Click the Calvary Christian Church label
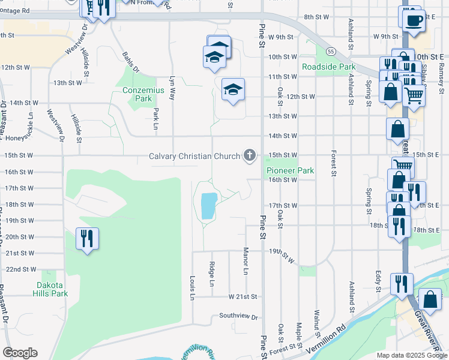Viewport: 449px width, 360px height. pos(195,157)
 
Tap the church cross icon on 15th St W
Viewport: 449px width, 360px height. pos(249,156)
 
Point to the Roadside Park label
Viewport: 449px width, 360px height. pos(329,67)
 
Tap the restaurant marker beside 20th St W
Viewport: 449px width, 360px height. pos(87,239)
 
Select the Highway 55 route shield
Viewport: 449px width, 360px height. pos(331,50)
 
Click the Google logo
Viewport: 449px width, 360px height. pos(20,353)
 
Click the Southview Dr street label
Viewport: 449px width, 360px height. pos(238,316)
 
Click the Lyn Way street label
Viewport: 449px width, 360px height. pos(173,87)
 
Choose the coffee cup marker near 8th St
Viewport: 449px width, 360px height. pos(413,20)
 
